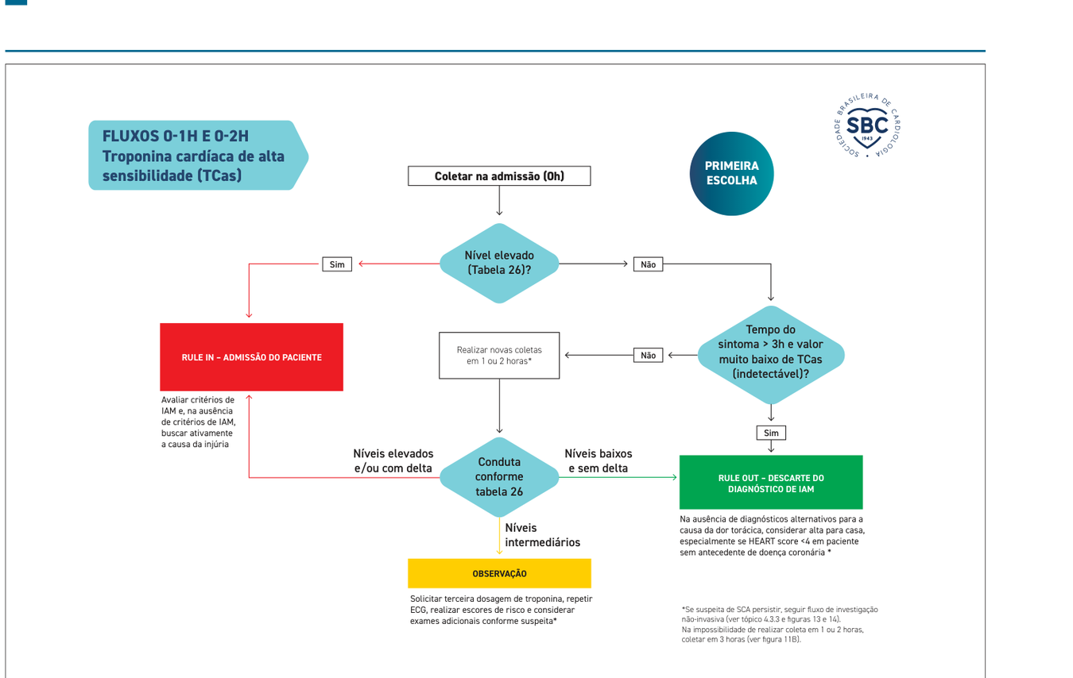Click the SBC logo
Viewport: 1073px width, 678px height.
tap(867, 125)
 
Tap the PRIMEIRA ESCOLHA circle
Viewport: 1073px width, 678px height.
tap(731, 173)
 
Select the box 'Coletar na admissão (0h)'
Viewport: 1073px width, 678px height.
tap(499, 176)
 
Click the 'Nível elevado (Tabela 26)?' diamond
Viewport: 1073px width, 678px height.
tap(499, 263)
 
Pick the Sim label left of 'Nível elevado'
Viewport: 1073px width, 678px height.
tap(337, 264)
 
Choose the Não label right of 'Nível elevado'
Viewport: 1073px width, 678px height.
tap(648, 264)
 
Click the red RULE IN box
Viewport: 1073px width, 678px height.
tap(251, 357)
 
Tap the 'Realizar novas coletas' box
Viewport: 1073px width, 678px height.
tap(499, 356)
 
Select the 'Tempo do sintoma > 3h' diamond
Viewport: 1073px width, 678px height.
tap(771, 355)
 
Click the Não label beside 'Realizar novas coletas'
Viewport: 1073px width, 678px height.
tap(648, 355)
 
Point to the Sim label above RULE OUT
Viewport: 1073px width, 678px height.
tap(771, 433)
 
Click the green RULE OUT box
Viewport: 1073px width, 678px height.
tap(771, 483)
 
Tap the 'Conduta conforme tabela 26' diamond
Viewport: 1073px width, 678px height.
tap(499, 477)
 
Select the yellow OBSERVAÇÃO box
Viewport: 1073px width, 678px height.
tap(499, 573)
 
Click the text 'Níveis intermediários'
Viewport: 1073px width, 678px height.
tap(542, 535)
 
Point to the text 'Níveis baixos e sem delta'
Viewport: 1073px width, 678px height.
tap(598, 460)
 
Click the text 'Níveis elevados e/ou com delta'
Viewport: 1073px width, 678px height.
tap(393, 460)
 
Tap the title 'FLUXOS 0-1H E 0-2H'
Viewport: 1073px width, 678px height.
tap(176, 136)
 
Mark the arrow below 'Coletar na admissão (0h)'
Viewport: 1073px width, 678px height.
tap(499, 201)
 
